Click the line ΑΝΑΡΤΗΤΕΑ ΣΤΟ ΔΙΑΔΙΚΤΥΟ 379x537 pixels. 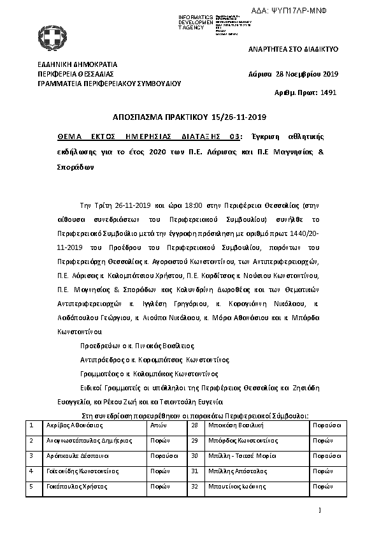point(292,49)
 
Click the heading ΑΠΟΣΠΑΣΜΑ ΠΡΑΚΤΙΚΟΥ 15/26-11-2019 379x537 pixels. point(189,117)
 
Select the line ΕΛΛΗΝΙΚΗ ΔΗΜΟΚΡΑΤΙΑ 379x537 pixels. point(77,64)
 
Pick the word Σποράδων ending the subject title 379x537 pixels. point(75,168)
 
